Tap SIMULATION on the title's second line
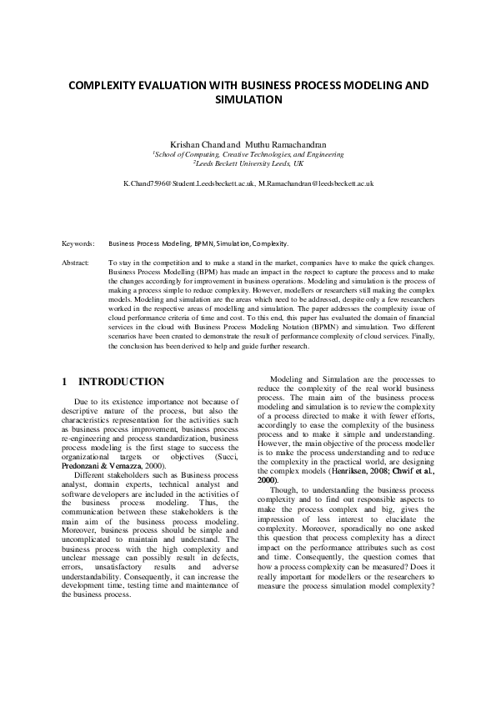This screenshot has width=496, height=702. tap(248, 99)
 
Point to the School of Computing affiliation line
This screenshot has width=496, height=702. tap(248, 155)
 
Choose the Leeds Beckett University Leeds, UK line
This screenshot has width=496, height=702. tap(248, 164)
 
